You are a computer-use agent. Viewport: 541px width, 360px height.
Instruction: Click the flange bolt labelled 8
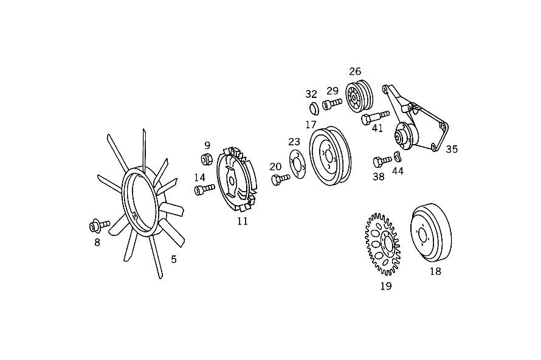click(x=99, y=226)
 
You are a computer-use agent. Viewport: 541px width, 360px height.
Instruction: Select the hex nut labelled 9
click(x=207, y=159)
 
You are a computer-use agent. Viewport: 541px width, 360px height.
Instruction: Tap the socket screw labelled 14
click(x=205, y=189)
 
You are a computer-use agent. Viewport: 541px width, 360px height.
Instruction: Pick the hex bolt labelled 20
click(x=280, y=179)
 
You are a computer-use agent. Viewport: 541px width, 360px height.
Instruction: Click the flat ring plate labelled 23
click(x=297, y=164)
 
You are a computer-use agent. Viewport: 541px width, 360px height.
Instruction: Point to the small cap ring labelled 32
click(x=314, y=108)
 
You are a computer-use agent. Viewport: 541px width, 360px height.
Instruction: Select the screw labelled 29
click(x=332, y=103)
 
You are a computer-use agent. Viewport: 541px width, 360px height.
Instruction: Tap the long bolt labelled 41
click(x=375, y=117)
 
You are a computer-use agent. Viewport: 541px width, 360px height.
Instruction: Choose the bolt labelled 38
click(x=382, y=161)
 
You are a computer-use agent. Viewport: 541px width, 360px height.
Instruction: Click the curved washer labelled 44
click(x=398, y=156)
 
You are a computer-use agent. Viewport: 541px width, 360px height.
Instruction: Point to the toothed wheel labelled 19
click(x=382, y=244)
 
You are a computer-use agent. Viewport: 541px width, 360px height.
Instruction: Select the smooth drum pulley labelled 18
click(x=431, y=234)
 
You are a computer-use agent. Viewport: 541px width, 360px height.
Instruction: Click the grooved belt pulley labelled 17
click(x=330, y=156)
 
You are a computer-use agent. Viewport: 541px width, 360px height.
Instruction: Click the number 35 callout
click(x=452, y=149)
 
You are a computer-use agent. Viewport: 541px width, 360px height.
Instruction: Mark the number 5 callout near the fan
click(x=174, y=259)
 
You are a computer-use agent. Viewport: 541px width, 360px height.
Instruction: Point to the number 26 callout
click(x=355, y=71)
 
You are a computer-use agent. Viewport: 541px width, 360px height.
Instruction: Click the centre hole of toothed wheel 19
click(x=386, y=244)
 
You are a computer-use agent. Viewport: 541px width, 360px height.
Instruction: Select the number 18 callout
click(x=435, y=271)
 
